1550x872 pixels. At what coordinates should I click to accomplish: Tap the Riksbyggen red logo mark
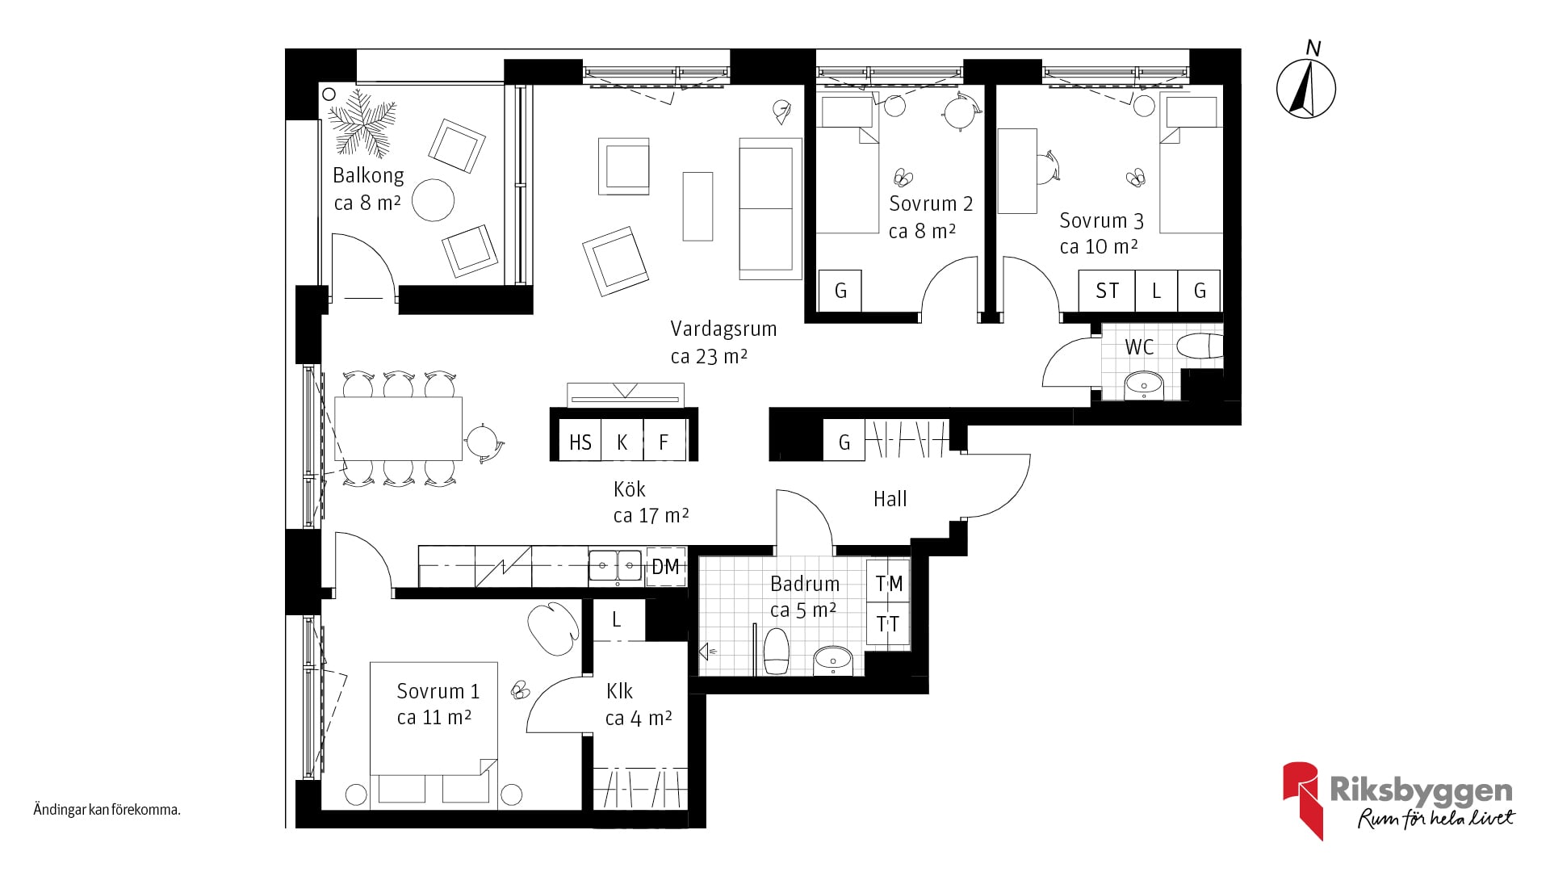click(1302, 799)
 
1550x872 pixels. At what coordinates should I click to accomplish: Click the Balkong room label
click(368, 175)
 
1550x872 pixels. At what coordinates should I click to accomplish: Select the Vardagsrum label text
click(723, 329)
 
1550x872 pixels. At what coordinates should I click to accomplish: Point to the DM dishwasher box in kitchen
click(666, 567)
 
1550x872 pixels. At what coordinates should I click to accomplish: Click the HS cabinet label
click(580, 442)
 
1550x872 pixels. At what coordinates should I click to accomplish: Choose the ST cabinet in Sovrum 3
click(1107, 291)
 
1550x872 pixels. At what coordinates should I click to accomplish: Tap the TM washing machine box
click(889, 583)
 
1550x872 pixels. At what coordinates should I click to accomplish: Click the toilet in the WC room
click(1200, 346)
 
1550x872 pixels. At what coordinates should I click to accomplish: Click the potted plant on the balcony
click(362, 122)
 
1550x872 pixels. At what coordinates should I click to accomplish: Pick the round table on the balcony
click(434, 200)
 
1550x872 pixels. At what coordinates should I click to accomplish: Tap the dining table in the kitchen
click(399, 429)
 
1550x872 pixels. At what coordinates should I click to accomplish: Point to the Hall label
click(890, 499)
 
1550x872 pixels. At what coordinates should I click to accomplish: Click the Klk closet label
click(619, 691)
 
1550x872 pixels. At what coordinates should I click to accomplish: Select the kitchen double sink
click(615, 566)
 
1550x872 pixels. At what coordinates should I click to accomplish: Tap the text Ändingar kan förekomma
click(107, 810)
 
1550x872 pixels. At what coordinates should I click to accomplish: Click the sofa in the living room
click(770, 208)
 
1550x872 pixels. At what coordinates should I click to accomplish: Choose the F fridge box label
click(664, 442)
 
